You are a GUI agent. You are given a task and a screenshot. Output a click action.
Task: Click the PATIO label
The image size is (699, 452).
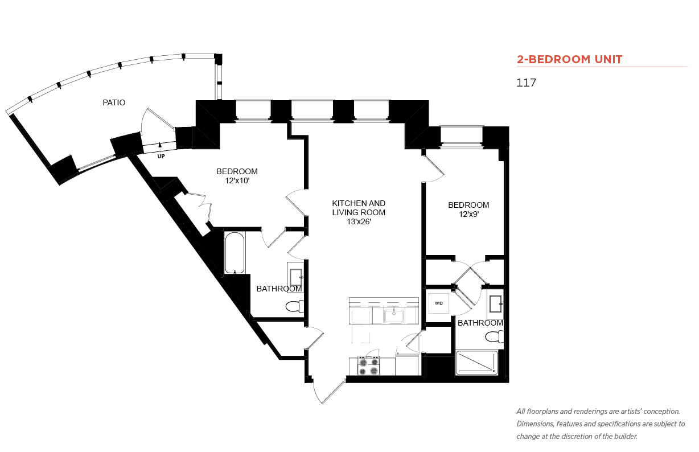point(114,102)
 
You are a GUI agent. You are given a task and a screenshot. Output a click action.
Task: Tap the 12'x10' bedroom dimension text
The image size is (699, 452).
point(237,180)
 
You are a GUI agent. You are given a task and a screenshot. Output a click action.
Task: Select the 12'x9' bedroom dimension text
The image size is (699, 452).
point(468,215)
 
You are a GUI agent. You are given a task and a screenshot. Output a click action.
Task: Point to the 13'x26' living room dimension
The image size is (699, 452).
point(359,221)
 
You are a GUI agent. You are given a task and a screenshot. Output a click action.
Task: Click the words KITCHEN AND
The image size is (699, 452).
point(359,203)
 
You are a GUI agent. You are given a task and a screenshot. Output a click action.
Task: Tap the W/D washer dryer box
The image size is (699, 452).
point(439,303)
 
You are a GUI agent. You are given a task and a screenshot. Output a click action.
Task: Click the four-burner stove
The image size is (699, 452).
point(368,365)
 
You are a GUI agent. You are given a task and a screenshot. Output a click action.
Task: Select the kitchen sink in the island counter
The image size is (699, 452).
point(394,316)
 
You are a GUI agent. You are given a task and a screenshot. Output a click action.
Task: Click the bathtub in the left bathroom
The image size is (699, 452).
point(235,253)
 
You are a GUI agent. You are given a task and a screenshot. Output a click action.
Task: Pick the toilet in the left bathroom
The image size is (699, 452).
point(294,306)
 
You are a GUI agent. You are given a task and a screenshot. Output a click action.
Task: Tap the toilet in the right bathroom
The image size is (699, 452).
point(494,336)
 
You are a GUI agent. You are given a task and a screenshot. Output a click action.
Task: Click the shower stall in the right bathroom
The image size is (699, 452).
point(477,363)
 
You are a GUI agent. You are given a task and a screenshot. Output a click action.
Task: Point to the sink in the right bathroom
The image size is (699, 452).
point(496,304)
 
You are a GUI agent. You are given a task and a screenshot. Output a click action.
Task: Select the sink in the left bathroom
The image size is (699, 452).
point(295,277)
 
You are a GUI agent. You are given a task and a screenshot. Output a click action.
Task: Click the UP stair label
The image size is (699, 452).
point(161,156)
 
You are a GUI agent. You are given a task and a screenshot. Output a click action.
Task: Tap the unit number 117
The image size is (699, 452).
point(526,83)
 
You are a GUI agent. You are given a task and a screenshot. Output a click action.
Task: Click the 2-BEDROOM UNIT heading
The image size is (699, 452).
point(569,59)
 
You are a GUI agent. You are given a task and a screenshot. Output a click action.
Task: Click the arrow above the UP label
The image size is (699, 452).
point(160,146)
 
